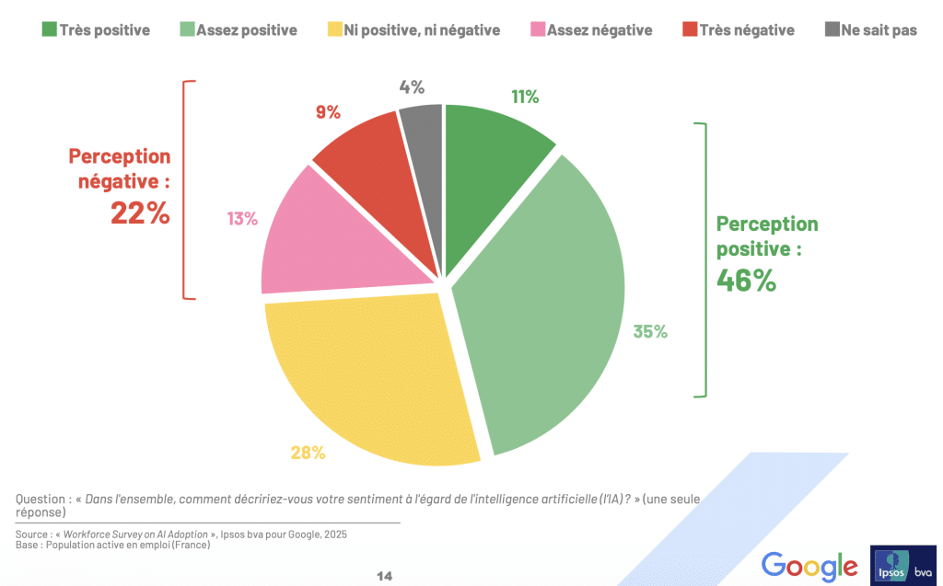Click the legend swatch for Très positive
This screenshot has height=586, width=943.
49,29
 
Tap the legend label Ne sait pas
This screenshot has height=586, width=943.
879,30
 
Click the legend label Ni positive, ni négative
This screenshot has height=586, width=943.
422,30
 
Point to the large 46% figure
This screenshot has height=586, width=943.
746,280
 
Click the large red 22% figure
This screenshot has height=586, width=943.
140,213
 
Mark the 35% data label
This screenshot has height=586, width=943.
649,332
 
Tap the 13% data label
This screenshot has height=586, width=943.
241,219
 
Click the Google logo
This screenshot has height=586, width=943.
809,565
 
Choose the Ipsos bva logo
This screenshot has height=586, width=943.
902,565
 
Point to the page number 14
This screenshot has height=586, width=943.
385,576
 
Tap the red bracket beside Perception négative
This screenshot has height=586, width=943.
187,190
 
